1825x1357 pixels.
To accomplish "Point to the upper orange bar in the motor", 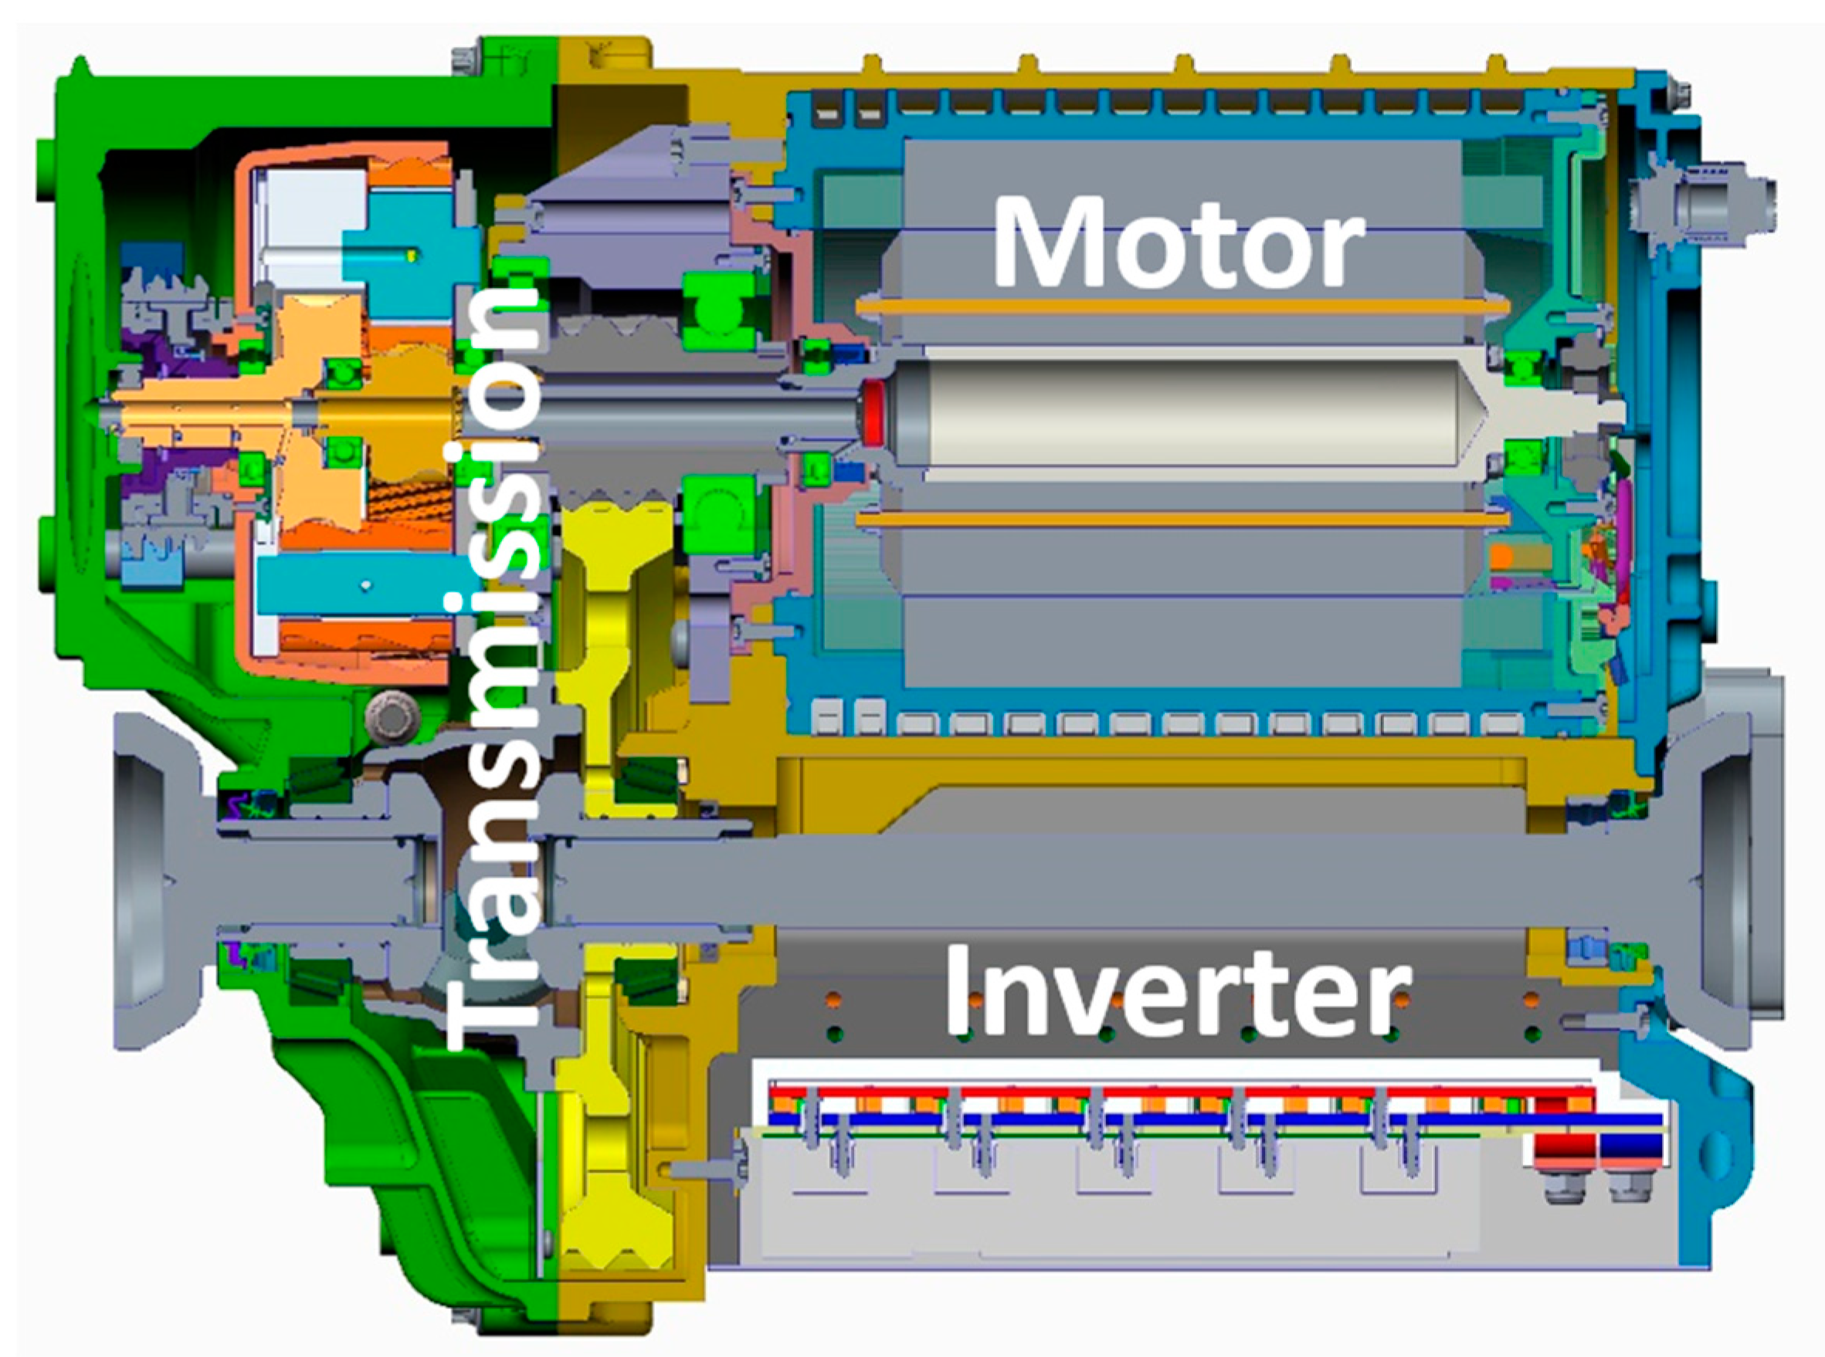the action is pyautogui.click(x=1183, y=307).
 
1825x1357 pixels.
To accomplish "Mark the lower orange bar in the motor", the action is pyautogui.click(x=1183, y=519).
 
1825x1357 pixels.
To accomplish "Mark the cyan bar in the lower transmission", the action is pyautogui.click(x=361, y=584).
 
